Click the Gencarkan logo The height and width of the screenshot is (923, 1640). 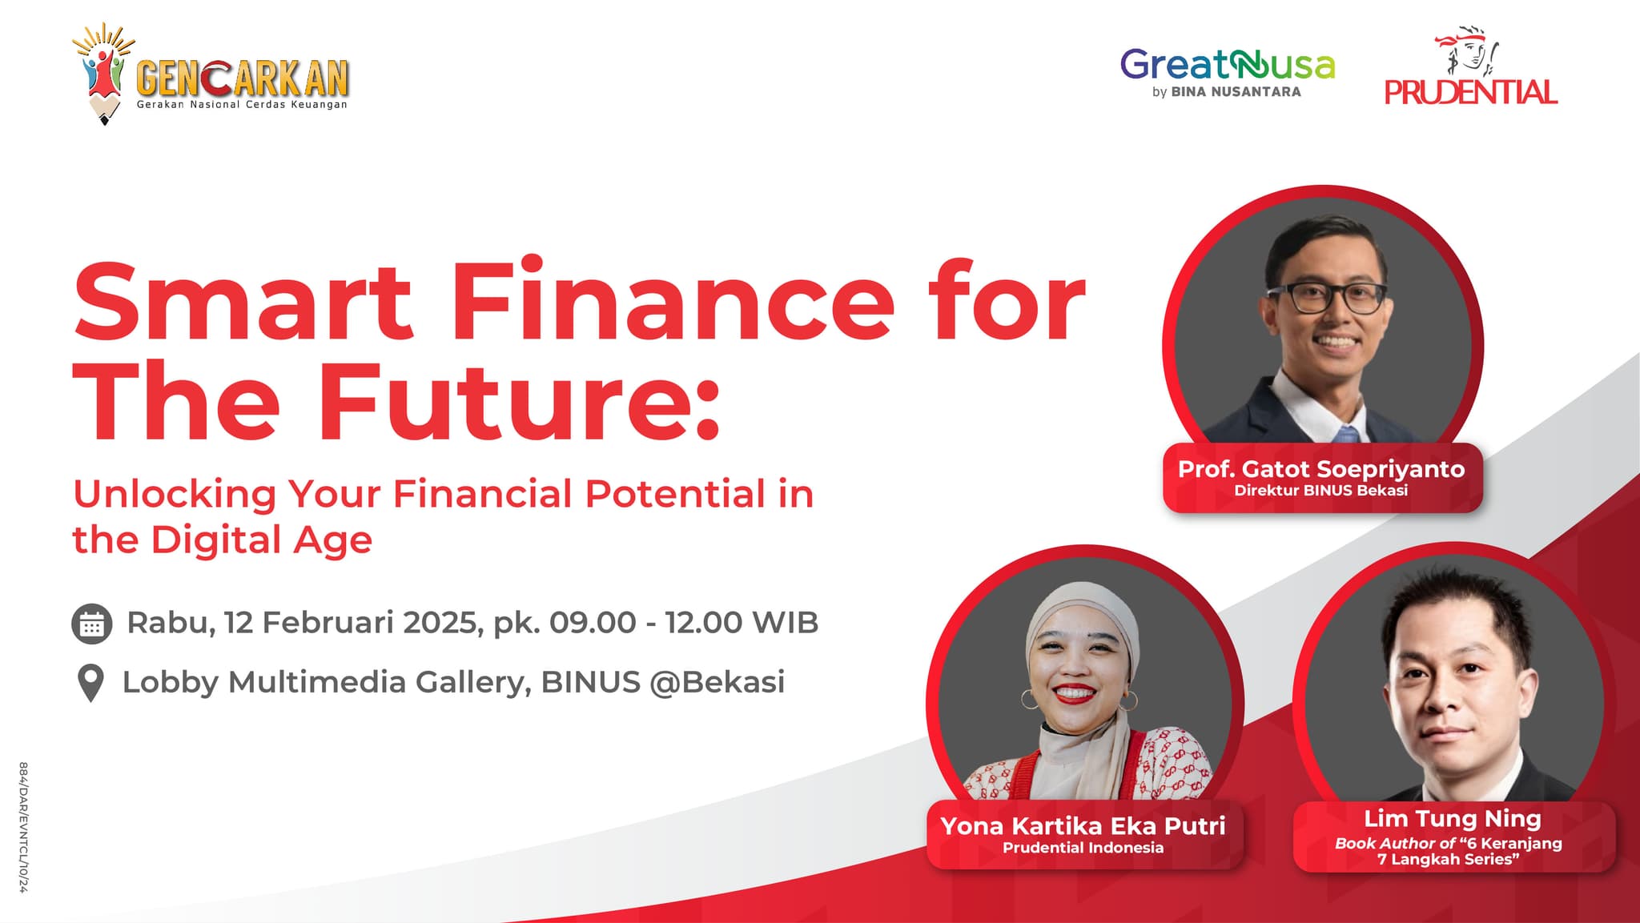click(x=211, y=74)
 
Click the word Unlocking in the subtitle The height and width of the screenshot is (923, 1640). click(x=175, y=494)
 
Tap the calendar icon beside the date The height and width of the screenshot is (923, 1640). click(x=91, y=624)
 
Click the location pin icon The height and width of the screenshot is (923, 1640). click(x=91, y=683)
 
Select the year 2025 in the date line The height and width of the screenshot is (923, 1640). click(x=440, y=622)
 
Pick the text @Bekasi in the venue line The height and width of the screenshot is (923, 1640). click(x=717, y=682)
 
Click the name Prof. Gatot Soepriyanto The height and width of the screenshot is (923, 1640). click(x=1321, y=468)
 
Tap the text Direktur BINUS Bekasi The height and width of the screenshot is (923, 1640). click(x=1321, y=490)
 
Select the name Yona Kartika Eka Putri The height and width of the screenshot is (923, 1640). click(x=1083, y=825)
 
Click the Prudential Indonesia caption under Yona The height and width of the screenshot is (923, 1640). click(x=1083, y=847)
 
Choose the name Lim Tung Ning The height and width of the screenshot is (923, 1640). click(x=1453, y=818)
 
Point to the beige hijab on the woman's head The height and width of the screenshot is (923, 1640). click(x=1083, y=632)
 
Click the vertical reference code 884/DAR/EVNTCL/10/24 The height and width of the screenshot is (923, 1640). click(x=23, y=827)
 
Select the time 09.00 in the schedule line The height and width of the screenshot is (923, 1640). click(x=593, y=622)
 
